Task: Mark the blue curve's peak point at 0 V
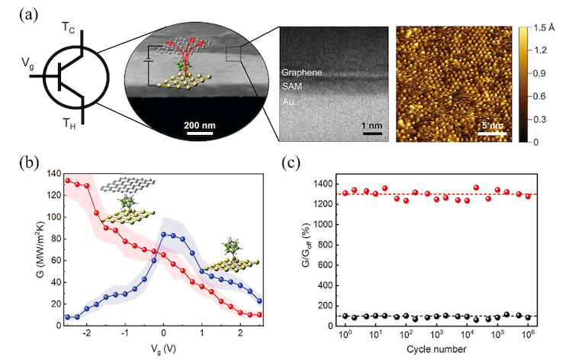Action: [163, 235]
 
